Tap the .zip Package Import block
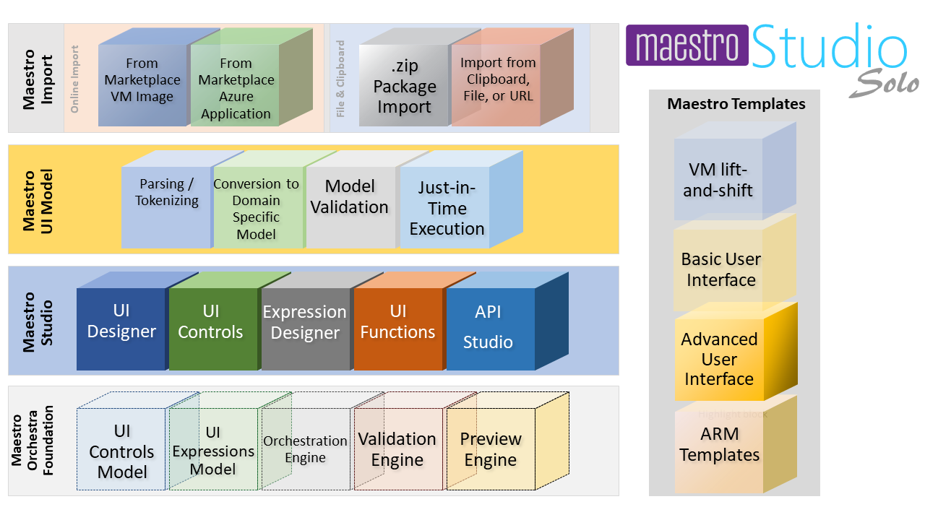[404, 87]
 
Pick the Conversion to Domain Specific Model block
[257, 208]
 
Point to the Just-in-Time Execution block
[445, 208]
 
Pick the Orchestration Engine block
[305, 449]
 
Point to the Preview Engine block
[490, 449]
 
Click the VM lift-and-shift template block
[718, 180]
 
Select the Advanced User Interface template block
[720, 359]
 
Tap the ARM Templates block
[720, 445]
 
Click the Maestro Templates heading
[736, 104]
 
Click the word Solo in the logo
[885, 84]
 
